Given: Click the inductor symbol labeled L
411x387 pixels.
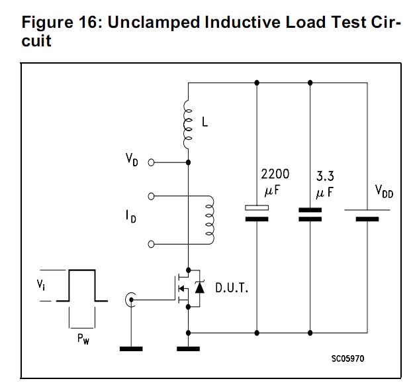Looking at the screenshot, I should (x=188, y=123).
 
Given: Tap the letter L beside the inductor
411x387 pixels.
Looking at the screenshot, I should (x=205, y=123).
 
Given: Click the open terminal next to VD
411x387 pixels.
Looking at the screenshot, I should (x=151, y=162).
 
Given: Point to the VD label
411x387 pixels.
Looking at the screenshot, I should (x=133, y=160).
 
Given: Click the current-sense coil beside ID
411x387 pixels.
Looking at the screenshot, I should (x=210, y=219).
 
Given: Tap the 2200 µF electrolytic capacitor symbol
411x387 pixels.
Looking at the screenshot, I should (x=256, y=212).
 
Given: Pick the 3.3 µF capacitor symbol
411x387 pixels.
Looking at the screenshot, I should (x=310, y=213).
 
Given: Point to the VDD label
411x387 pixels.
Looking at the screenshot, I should (x=383, y=192).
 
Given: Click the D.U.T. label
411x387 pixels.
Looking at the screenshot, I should (x=232, y=288).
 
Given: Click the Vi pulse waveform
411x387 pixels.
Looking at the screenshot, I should (x=83, y=286).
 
